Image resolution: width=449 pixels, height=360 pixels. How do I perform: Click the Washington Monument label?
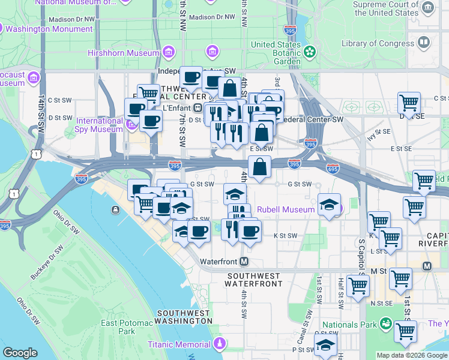pyautogui.click(x=49, y=28)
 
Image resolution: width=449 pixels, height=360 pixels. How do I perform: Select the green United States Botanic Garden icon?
pyautogui.click(x=309, y=52)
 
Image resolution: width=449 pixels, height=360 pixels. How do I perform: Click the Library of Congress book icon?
pyautogui.click(x=424, y=43)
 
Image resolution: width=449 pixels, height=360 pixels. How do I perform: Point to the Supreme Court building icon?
pyautogui.click(x=427, y=8)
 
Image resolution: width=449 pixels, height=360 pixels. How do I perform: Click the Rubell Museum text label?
pyautogui.click(x=285, y=209)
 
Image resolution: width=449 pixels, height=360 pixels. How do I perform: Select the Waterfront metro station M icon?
pyautogui.click(x=244, y=262)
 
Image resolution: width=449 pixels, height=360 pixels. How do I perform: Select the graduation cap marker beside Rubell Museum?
pyautogui.click(x=328, y=205)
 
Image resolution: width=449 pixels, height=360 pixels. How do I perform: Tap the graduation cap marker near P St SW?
pyautogui.click(x=325, y=346)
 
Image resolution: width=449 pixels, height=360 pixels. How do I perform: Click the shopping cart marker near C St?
pyautogui.click(x=409, y=103)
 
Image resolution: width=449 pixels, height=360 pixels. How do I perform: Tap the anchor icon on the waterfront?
pyautogui.click(x=115, y=209)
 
